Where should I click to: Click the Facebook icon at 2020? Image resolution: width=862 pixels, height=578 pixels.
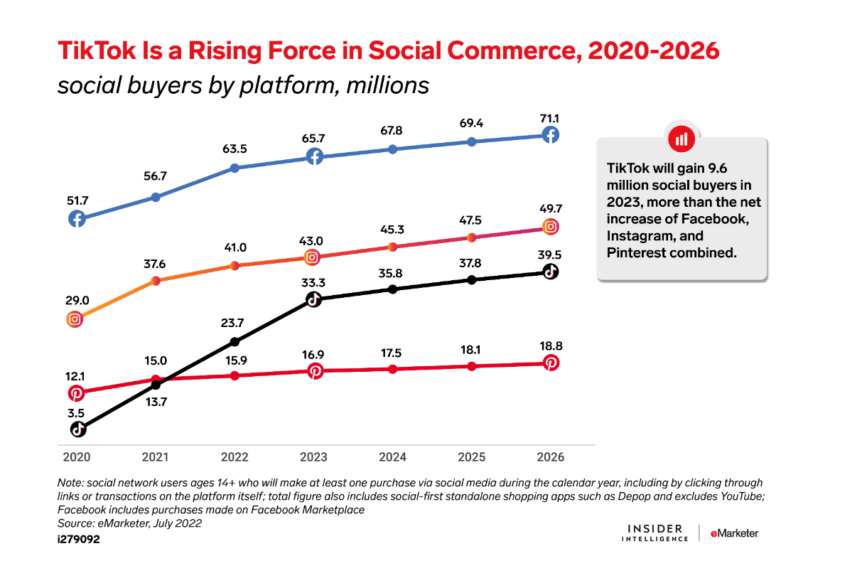[x=77, y=219]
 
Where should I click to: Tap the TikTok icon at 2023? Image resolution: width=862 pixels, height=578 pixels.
[x=313, y=299]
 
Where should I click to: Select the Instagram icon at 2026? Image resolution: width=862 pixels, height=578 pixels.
[x=550, y=227]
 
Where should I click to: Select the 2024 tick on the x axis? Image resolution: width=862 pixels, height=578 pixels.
[x=392, y=456]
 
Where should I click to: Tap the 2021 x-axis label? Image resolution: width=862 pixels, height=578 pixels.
[x=156, y=456]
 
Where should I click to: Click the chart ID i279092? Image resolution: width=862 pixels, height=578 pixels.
[x=79, y=540]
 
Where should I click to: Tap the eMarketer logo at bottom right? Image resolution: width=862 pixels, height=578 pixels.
[x=734, y=533]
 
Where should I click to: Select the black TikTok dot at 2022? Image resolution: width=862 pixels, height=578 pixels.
[x=235, y=341]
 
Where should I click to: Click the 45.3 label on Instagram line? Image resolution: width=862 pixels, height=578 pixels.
[x=392, y=229]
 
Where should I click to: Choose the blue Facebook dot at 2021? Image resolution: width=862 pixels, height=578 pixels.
[x=156, y=196]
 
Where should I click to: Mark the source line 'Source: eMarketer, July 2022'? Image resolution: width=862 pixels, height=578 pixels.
[x=129, y=523]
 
